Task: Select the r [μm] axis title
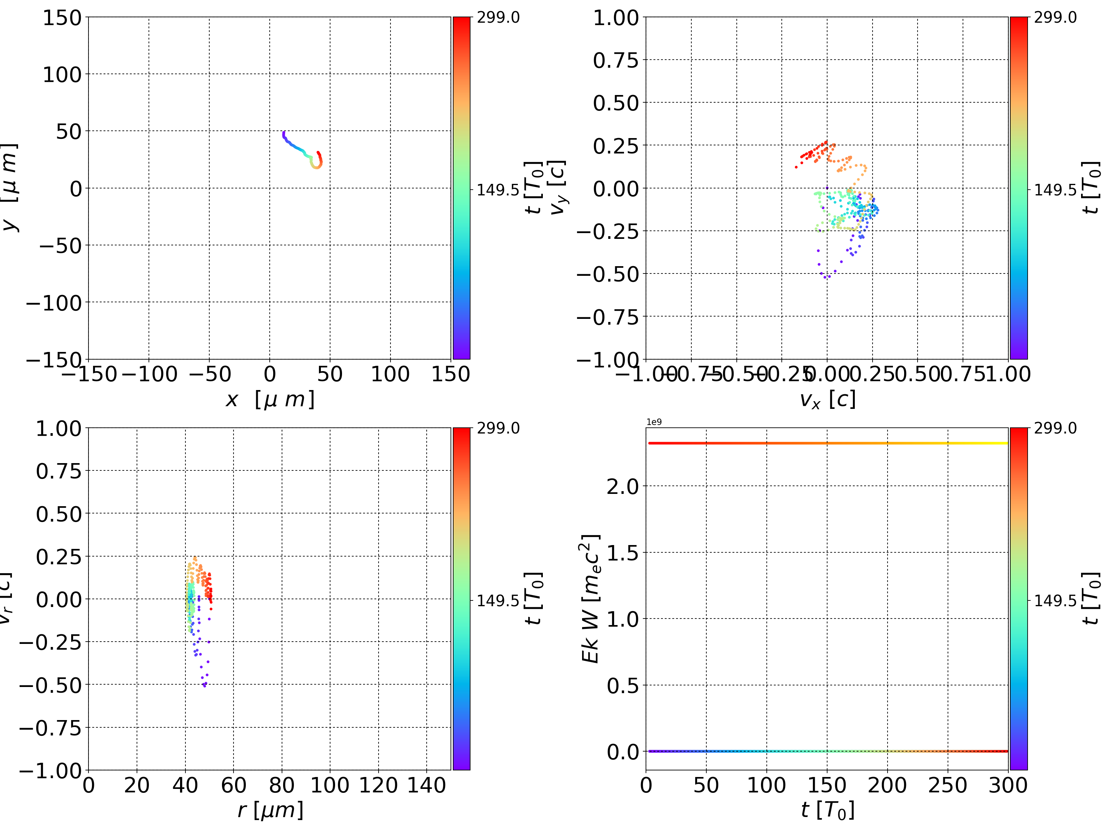tap(270, 810)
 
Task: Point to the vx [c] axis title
tap(827, 400)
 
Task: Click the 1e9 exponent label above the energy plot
tap(654, 422)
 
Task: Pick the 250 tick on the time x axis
tap(948, 785)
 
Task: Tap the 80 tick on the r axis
tap(282, 785)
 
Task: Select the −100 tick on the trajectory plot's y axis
tap(53, 303)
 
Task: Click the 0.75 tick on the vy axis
tap(616, 60)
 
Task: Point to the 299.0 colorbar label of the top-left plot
tap(498, 18)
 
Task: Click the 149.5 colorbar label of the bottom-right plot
tap(1055, 600)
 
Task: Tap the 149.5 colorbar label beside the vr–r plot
tap(498, 600)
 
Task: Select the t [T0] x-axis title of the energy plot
tap(827, 810)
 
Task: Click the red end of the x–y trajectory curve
tap(318, 152)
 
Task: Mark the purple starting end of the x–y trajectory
tap(284, 133)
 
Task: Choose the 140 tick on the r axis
tap(426, 785)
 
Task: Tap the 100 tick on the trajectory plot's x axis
tap(390, 374)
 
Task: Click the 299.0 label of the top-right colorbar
tap(1055, 18)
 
